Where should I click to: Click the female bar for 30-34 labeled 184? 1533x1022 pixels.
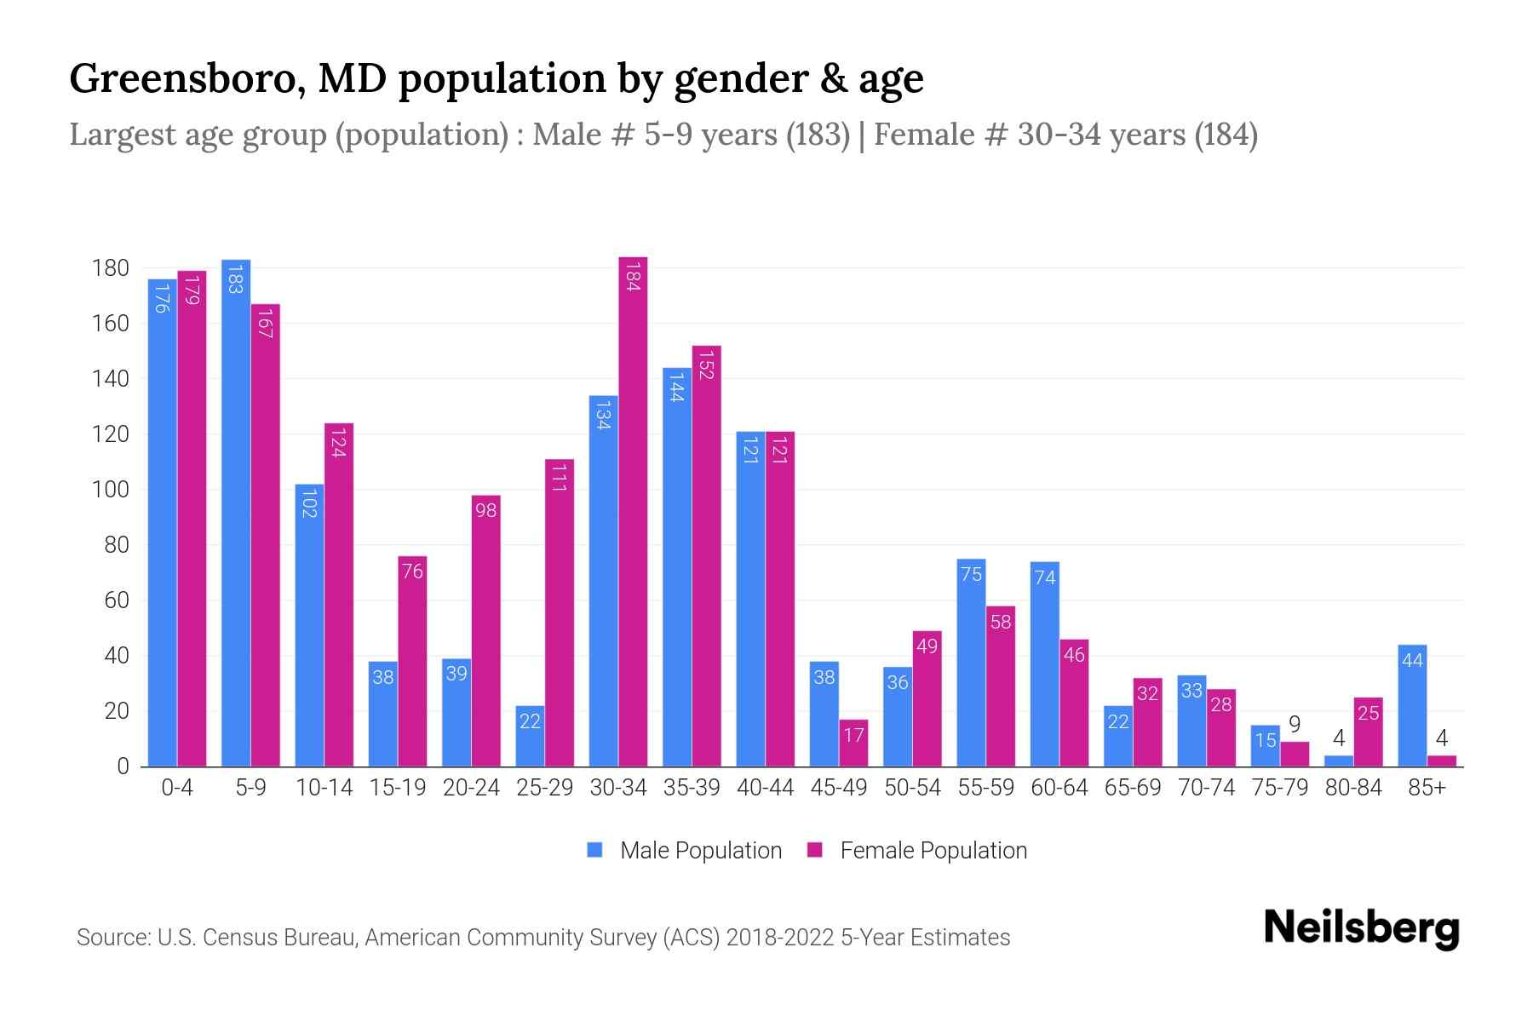click(x=633, y=511)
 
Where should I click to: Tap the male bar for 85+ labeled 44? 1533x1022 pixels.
click(x=1412, y=705)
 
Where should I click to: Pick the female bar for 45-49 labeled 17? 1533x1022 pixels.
click(x=853, y=743)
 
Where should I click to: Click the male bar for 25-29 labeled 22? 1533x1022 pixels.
click(x=530, y=736)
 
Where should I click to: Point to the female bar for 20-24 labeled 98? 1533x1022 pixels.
click(x=485, y=630)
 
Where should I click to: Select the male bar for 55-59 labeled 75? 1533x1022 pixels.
click(x=971, y=663)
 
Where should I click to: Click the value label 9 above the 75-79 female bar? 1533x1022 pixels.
click(x=1295, y=725)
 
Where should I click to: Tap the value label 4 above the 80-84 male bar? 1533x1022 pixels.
click(x=1339, y=738)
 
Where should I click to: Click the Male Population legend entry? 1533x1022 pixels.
click(x=685, y=851)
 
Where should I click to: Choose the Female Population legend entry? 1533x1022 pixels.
click(x=917, y=851)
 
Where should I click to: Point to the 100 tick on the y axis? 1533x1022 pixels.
click(x=111, y=490)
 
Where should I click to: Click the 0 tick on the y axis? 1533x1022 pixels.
click(x=123, y=766)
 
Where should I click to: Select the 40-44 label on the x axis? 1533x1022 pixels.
click(x=765, y=788)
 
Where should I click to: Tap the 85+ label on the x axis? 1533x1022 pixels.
click(x=1427, y=788)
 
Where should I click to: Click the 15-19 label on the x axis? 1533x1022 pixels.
click(x=398, y=788)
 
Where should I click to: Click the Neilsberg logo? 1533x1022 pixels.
click(x=1361, y=927)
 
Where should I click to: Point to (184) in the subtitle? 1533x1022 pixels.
click(x=1226, y=135)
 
